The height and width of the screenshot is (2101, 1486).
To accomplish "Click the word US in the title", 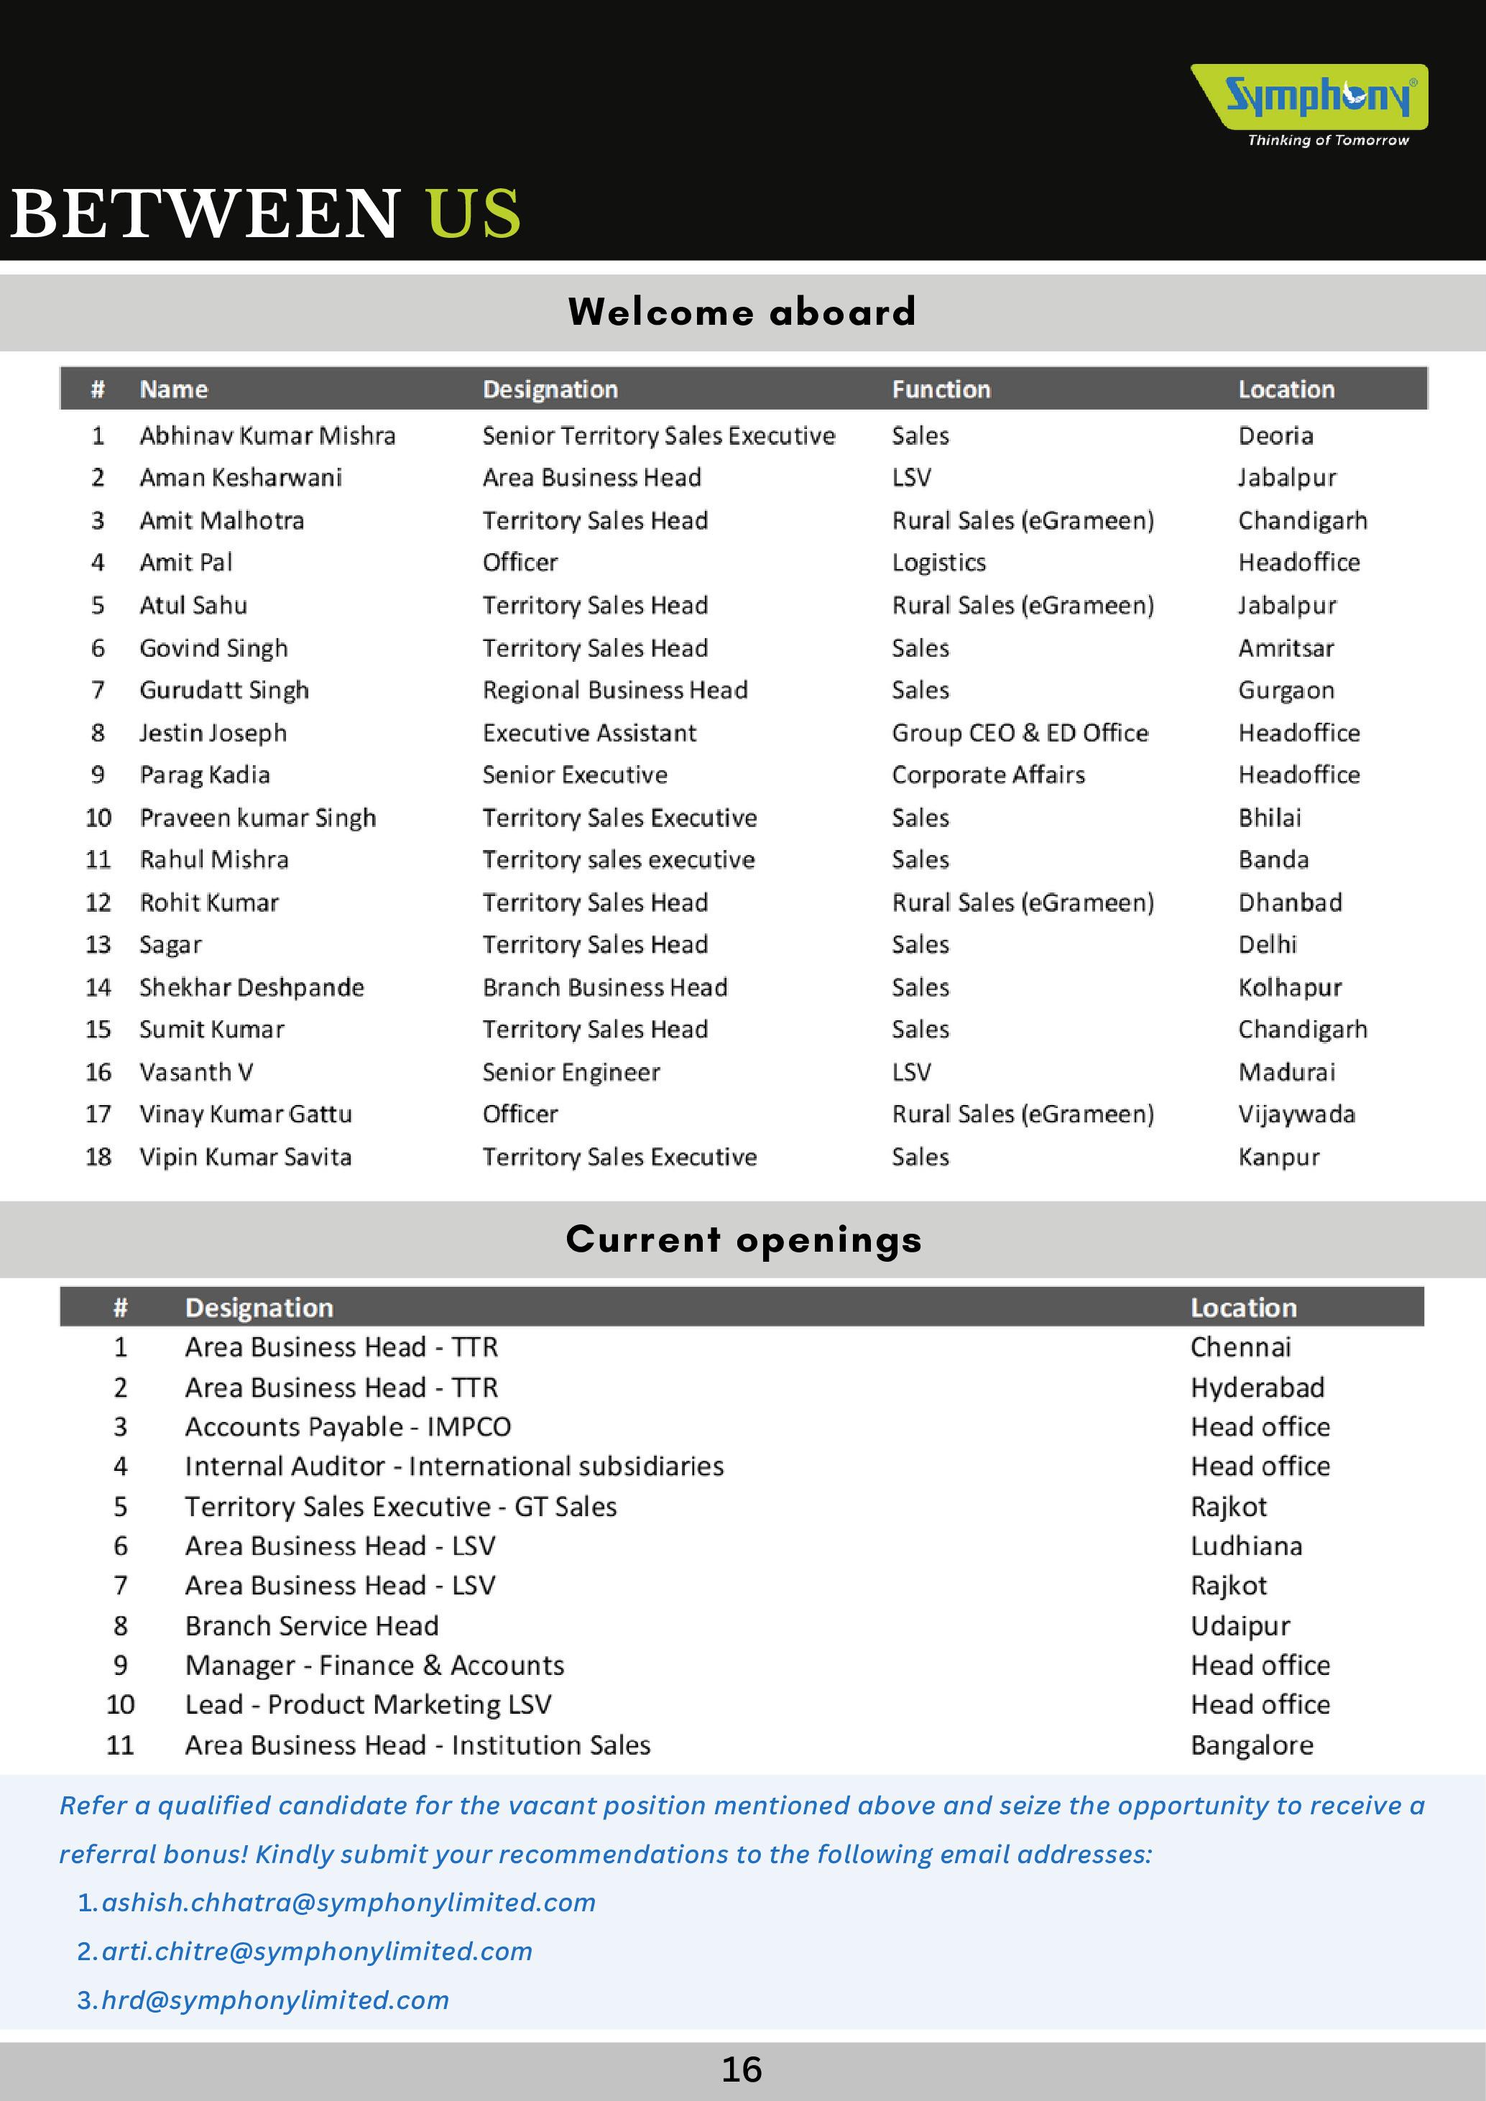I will (473, 214).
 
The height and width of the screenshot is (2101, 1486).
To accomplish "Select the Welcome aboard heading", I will (742, 312).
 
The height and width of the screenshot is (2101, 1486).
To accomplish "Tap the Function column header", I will (941, 390).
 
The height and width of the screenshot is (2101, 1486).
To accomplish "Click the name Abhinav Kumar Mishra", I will (267, 435).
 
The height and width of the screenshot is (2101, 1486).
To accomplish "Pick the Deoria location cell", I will (1275, 435).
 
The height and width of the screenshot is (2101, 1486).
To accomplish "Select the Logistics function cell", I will (939, 563).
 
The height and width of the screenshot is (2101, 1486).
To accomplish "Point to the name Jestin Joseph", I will (213, 733).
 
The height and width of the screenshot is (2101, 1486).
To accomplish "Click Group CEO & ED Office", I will (1020, 733).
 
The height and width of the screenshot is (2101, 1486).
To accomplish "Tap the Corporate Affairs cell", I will (988, 775).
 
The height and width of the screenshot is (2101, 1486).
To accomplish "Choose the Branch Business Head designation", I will (605, 987).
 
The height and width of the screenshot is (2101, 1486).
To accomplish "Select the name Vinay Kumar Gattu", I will (245, 1114).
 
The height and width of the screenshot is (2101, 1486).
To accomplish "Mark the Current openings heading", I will (743, 1240).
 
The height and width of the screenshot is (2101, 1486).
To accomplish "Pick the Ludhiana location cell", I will (1246, 1546).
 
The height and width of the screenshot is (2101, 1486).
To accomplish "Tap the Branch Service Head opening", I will (312, 1625).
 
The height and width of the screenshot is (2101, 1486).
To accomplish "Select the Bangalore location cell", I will (1252, 1745).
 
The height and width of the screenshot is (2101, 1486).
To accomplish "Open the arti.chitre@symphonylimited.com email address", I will (317, 1951).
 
